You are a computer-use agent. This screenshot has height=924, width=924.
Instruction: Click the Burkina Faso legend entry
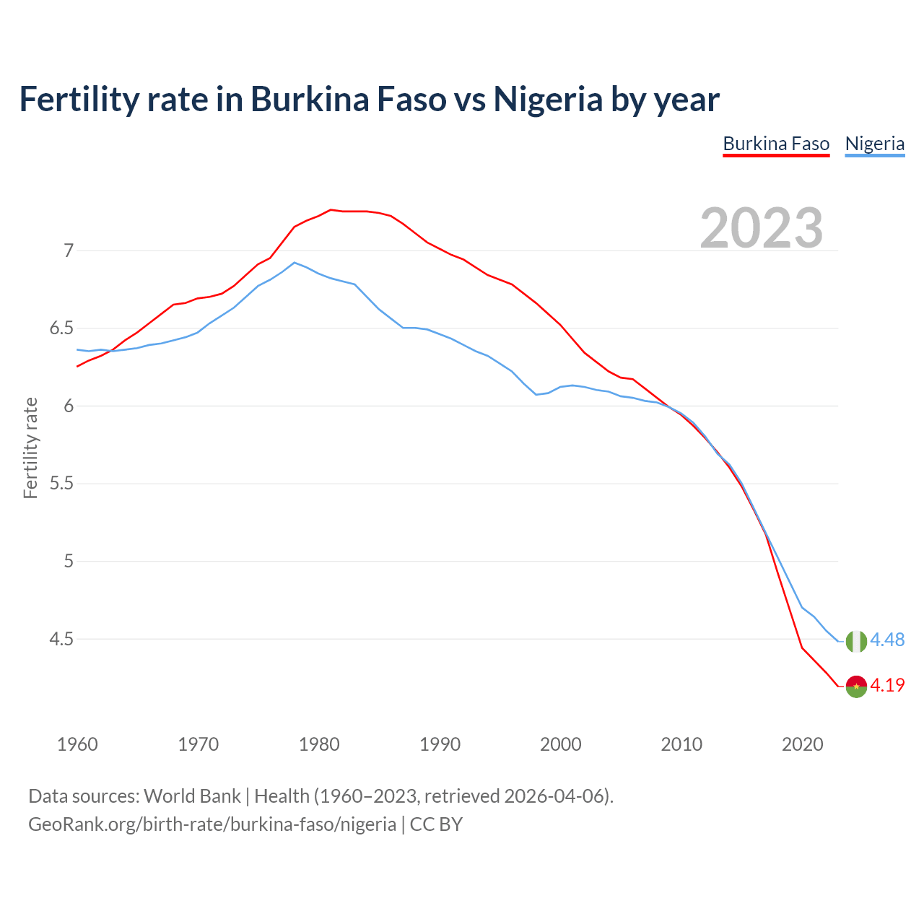pos(776,144)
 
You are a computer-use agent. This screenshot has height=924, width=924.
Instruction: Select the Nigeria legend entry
pos(874,144)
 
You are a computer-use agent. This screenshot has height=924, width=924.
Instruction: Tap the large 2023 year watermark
pos(762,228)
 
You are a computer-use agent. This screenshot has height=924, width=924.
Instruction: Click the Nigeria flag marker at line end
pos(856,641)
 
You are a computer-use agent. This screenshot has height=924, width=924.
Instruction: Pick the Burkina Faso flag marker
pos(856,687)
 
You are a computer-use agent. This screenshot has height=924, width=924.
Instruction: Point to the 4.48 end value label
pos(887,640)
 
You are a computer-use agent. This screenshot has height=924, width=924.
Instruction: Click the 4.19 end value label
pos(887,686)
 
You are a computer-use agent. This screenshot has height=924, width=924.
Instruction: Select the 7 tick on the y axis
pos(69,251)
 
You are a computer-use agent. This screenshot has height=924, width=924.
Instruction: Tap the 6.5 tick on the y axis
pos(61,328)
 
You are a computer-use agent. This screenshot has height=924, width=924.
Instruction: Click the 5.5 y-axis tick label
pos(61,484)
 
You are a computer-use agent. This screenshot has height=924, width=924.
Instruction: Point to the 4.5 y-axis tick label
pos(61,639)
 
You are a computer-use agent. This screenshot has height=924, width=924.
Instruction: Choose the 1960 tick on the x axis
pos(77,744)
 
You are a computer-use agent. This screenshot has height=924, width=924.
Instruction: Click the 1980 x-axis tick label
pos(319,744)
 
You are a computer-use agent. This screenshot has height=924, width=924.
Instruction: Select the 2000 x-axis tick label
pos(561,744)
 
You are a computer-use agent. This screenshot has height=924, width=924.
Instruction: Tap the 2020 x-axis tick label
pos(802,744)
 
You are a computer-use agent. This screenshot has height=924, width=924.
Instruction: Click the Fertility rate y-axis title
pos(30,448)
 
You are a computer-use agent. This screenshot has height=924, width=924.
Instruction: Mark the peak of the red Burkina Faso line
pos(331,210)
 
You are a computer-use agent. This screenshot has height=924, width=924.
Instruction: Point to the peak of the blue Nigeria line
pos(294,263)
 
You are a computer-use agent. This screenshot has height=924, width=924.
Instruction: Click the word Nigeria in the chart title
pos(547,100)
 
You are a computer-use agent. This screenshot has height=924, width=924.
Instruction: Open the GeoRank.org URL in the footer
pos(212,824)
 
